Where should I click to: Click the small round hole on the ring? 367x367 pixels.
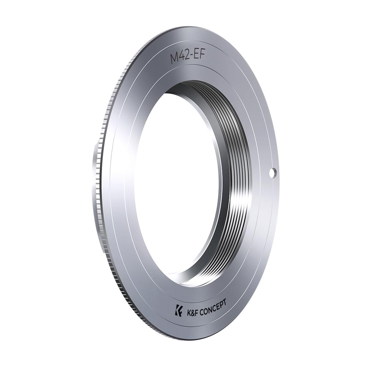click(273, 173)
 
